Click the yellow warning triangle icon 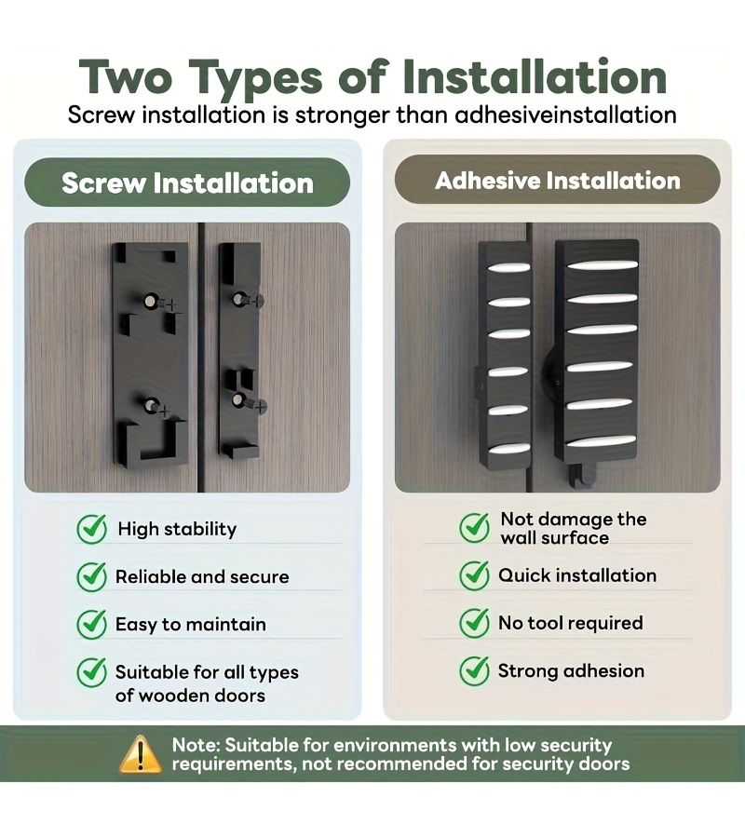(140, 754)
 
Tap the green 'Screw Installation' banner (187, 182)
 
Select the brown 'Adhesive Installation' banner (558, 180)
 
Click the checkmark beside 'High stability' (92, 529)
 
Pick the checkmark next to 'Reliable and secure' (92, 576)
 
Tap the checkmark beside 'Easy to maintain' (92, 624)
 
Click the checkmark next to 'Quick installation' (475, 575)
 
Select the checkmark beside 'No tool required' (475, 623)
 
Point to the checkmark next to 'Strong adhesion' (475, 670)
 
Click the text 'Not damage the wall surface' (574, 528)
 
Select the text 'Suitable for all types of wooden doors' (207, 683)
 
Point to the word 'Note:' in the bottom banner (196, 745)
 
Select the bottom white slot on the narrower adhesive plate (508, 448)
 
